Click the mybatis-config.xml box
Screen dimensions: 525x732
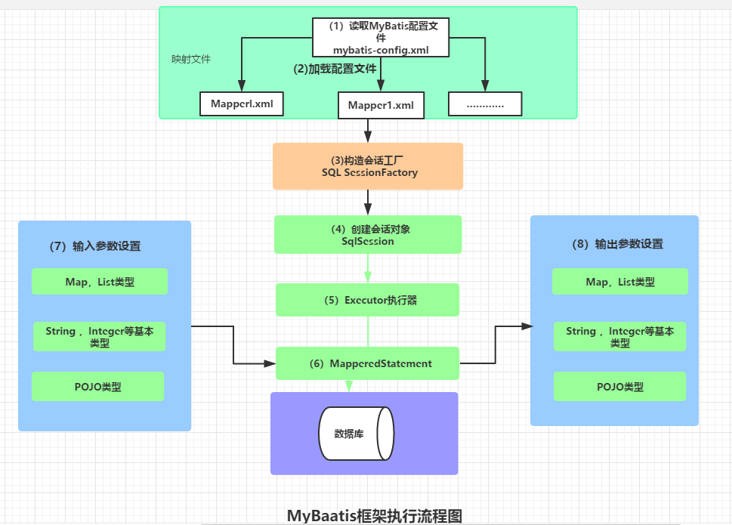[x=381, y=37]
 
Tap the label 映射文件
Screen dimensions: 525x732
[x=191, y=59]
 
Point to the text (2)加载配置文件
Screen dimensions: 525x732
[x=335, y=68]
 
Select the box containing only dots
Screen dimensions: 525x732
[x=485, y=104]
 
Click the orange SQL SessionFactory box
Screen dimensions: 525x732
[x=368, y=166]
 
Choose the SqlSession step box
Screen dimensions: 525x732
[x=368, y=234]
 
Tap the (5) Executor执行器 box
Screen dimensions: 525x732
[x=368, y=300]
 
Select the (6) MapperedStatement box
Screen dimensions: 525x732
[x=368, y=363]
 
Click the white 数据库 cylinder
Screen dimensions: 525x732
[x=355, y=434]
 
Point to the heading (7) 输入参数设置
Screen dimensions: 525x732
[x=96, y=246]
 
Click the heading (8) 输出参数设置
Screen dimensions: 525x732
[x=618, y=245]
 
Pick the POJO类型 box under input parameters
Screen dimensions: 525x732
[x=97, y=387]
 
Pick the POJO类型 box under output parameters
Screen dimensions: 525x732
[x=619, y=387]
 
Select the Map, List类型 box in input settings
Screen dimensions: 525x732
[x=99, y=283]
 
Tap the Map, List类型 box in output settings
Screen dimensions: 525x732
[x=619, y=283]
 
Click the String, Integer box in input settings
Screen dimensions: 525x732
[x=99, y=337]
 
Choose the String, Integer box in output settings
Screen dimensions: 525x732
[x=619, y=337]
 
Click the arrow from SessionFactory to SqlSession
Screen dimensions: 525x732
[x=368, y=202]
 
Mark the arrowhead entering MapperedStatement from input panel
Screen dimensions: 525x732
[x=270, y=363]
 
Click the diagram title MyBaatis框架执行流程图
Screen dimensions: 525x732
[x=375, y=515]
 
